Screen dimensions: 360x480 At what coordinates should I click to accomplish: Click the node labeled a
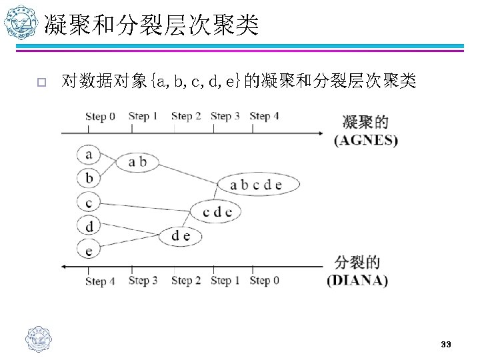89,155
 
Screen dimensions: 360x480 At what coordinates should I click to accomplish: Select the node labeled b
89,178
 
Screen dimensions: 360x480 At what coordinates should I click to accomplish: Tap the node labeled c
89,201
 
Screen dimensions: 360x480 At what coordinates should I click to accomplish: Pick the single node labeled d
89,225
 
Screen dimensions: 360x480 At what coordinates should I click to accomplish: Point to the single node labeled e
89,249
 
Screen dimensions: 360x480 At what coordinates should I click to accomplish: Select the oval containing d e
181,235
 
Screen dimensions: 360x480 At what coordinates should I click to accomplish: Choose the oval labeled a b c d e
256,185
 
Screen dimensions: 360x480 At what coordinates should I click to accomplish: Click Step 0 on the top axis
100,117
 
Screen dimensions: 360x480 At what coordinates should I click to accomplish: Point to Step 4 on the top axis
264,116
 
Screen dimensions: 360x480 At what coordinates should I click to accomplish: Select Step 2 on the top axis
186,116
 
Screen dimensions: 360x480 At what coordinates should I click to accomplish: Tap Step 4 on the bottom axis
100,281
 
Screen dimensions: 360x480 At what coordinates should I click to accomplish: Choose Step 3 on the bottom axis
143,281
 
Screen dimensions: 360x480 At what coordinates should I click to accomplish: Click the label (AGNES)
366,141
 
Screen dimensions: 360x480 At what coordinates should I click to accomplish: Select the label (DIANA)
357,280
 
